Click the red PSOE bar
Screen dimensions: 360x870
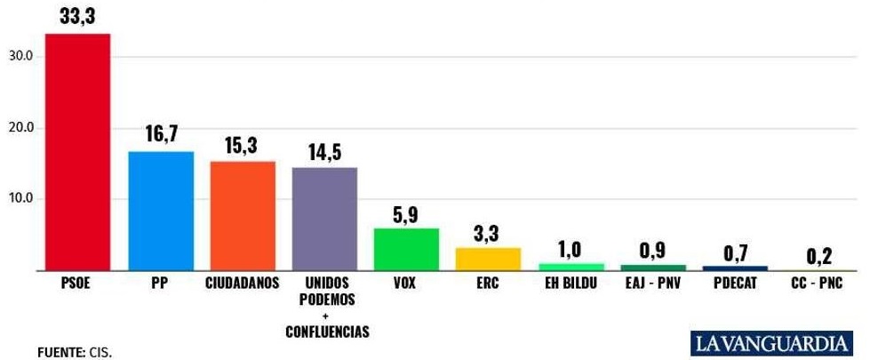click(x=77, y=151)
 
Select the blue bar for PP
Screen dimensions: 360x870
click(x=161, y=211)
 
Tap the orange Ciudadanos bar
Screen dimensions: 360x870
click(x=243, y=216)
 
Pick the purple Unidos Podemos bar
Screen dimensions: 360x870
click(x=325, y=219)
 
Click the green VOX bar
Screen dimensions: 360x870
click(x=406, y=249)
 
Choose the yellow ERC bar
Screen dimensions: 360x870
click(x=488, y=259)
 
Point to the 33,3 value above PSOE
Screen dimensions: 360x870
click(x=77, y=15)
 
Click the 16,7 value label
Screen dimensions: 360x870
click(x=161, y=134)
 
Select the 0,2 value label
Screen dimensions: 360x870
click(x=818, y=258)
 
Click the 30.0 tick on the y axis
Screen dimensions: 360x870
click(x=20, y=56)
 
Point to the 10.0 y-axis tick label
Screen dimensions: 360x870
click(x=20, y=198)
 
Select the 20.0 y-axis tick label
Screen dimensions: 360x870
click(x=20, y=127)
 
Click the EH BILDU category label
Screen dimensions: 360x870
click(x=571, y=284)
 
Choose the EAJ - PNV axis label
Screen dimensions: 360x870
click(x=652, y=284)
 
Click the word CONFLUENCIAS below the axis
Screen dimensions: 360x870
click(x=326, y=332)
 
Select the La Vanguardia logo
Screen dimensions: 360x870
click(x=770, y=341)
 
